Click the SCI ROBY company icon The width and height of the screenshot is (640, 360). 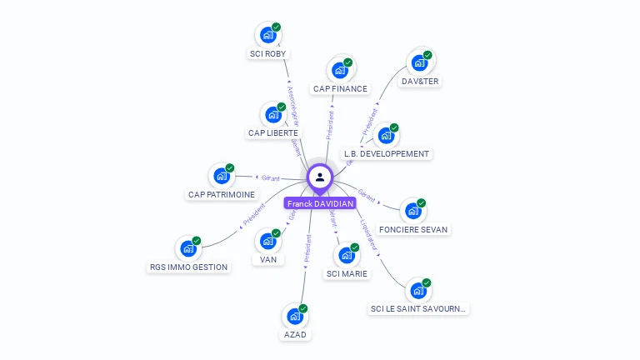267,34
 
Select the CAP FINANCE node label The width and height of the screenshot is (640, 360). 340,88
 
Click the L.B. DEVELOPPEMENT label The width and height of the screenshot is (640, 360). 387,154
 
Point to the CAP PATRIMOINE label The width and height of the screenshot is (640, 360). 221,194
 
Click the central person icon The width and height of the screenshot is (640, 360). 320,177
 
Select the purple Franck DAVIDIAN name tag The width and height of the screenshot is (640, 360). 320,203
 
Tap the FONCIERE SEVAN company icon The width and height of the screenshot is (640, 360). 412,210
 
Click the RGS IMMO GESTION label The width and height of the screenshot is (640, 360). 188,267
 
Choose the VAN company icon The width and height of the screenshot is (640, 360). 267,241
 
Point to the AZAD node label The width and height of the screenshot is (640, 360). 294,334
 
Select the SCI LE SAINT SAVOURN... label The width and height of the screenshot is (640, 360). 419,309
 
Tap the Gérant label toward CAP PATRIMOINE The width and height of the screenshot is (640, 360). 271,178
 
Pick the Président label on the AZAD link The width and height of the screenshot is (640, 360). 307,247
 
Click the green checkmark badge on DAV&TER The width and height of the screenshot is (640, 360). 427,55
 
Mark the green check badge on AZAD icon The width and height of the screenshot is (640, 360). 303,309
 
